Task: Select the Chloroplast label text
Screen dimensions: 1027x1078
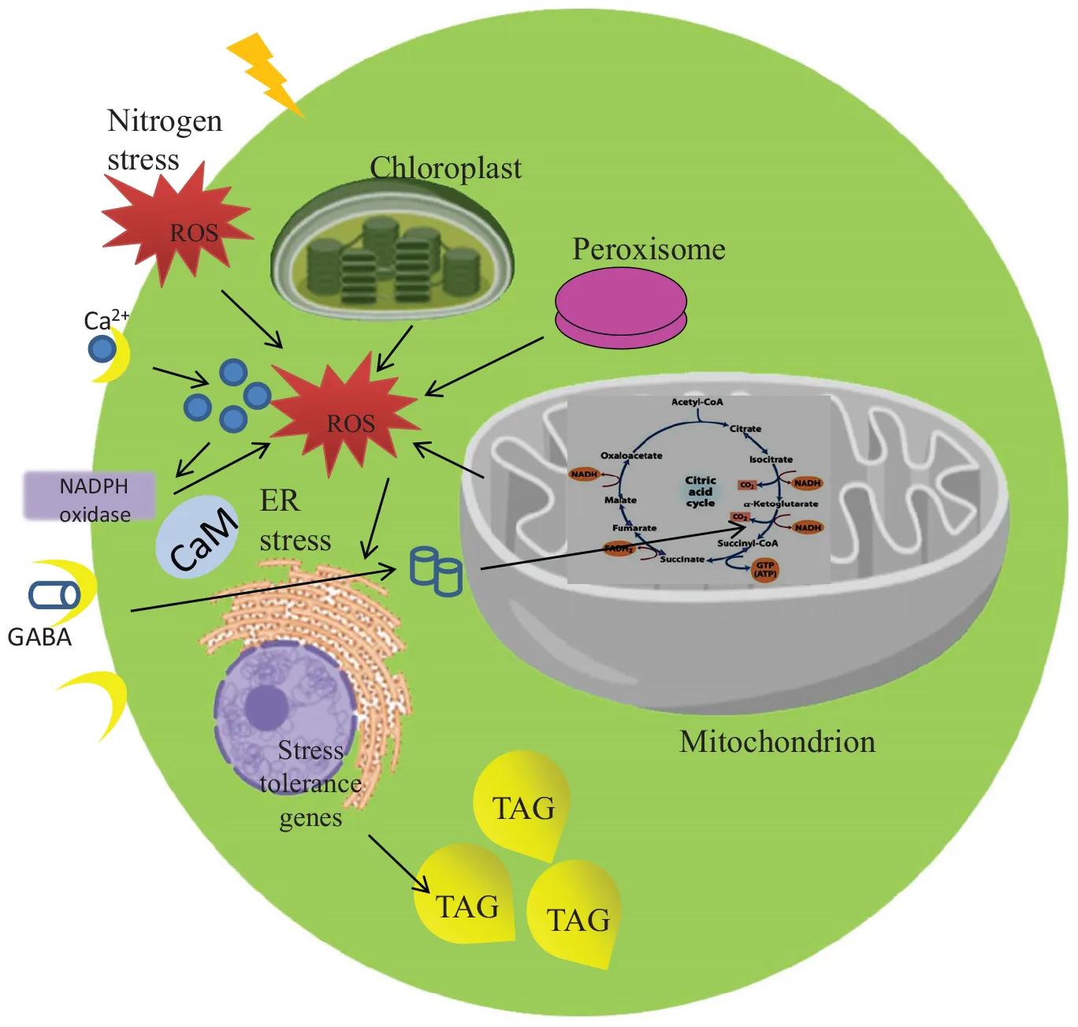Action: point(445,168)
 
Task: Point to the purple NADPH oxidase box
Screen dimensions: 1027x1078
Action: point(90,497)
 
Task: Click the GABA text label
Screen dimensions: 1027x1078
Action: point(39,637)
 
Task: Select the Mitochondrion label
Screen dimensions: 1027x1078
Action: point(777,742)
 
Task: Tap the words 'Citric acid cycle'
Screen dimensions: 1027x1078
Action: point(700,491)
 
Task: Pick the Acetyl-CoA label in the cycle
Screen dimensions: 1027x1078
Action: point(697,402)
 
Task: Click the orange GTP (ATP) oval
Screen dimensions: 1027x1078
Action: point(765,569)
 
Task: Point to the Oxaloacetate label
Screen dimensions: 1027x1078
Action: point(631,456)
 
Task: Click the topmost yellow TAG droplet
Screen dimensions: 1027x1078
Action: point(522,804)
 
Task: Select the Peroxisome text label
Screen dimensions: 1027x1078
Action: point(649,249)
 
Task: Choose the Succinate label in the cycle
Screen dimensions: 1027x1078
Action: point(682,559)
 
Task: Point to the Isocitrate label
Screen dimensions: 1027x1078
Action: point(771,460)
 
